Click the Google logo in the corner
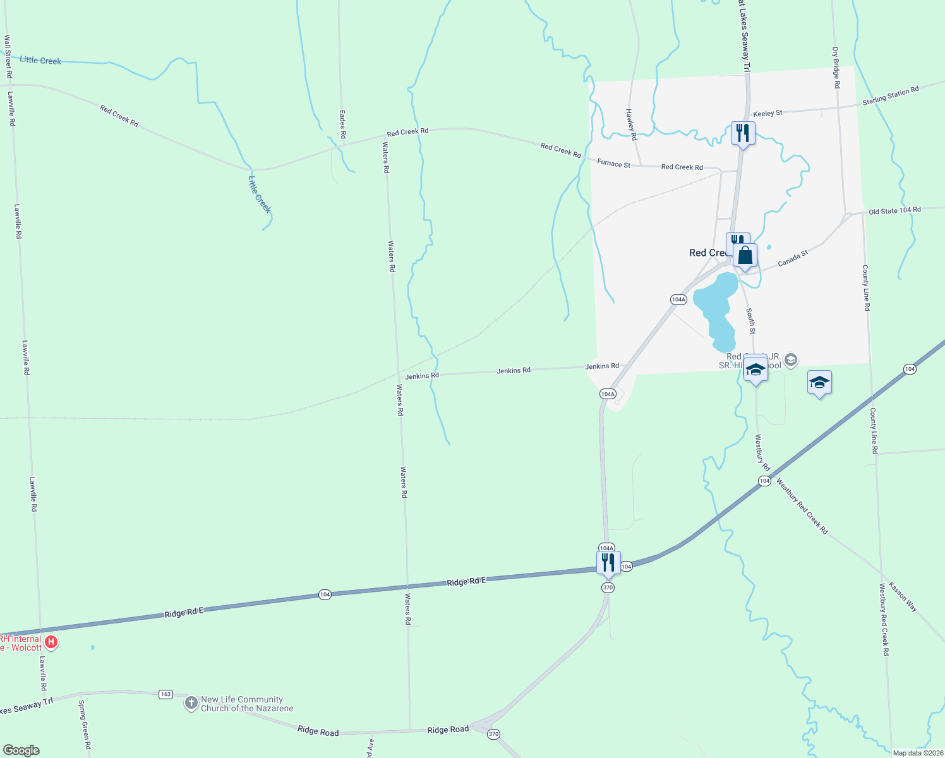coord(21,750)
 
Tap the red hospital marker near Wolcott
coord(52,643)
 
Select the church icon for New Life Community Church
coord(191,703)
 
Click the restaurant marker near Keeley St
coord(743,133)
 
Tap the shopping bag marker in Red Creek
coord(745,256)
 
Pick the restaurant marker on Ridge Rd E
coord(608,563)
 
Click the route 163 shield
coord(166,694)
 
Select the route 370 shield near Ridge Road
coord(493,734)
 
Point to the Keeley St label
coord(767,113)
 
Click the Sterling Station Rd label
coord(890,96)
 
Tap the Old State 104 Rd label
coord(894,210)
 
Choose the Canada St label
coord(793,258)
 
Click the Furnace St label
coord(613,164)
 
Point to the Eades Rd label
coord(342,124)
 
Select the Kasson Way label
coord(903,596)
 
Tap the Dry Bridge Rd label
coord(836,67)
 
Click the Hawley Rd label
coord(630,119)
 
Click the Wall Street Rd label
coord(8,56)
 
